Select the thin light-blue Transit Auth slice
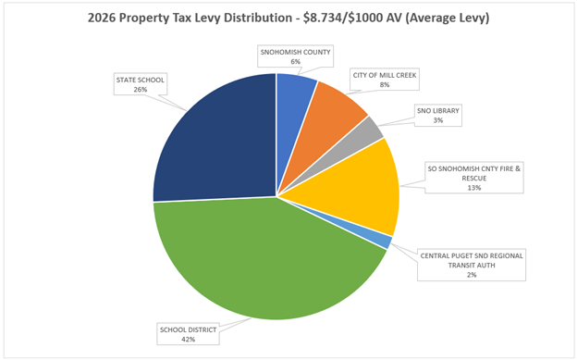(x=383, y=242)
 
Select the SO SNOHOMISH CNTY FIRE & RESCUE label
(x=474, y=177)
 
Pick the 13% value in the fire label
(x=474, y=187)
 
